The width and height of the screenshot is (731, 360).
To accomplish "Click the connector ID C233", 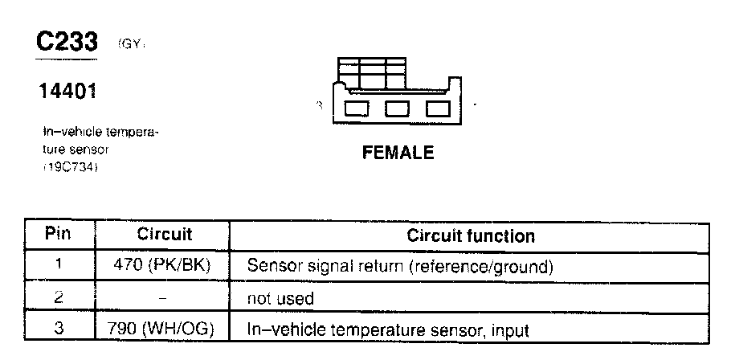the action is click(x=67, y=43).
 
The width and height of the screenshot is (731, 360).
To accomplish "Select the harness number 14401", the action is click(x=67, y=92).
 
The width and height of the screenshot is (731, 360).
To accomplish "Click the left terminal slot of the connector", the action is click(x=357, y=108).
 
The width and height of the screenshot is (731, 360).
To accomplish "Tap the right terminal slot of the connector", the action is click(x=439, y=108).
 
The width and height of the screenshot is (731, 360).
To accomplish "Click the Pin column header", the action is click(x=57, y=235).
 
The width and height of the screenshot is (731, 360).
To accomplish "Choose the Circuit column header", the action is click(x=164, y=235).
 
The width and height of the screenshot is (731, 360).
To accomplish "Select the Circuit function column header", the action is click(x=471, y=236).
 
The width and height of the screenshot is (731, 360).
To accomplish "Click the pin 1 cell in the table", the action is click(x=57, y=266).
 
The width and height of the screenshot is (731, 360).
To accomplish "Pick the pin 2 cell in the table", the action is click(x=57, y=298).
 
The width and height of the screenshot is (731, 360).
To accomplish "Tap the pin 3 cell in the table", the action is click(x=57, y=329).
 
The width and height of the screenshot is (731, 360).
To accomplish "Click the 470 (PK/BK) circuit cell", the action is click(x=164, y=266).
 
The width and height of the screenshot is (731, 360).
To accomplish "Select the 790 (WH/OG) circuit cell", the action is click(x=164, y=329).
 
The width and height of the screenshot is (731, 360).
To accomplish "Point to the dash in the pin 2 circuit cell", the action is click(x=163, y=298).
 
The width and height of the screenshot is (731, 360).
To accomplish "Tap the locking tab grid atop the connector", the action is click(x=372, y=75).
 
